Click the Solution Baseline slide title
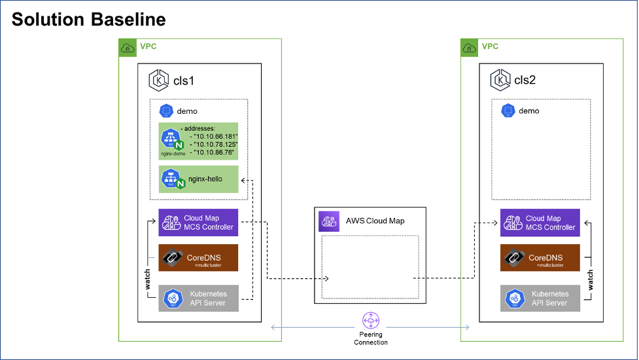pyautogui.click(x=88, y=20)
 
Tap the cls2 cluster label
pyautogui.click(x=525, y=81)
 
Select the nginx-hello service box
pyautogui.click(x=198, y=179)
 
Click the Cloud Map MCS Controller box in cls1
pyautogui.click(x=198, y=223)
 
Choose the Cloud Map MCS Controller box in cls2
pyautogui.click(x=540, y=223)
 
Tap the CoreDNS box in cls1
pyautogui.click(x=198, y=258)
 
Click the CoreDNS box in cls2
pyautogui.click(x=540, y=258)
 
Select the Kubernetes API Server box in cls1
pyautogui.click(x=198, y=298)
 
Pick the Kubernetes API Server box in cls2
pyautogui.click(x=540, y=298)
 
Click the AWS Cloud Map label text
pyautogui.click(x=375, y=221)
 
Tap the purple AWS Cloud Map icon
pyautogui.click(x=328, y=221)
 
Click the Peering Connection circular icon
pyautogui.click(x=371, y=321)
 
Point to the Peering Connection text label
pyautogui.click(x=371, y=338)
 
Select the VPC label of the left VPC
pyautogui.click(x=148, y=46)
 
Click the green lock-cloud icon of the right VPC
pyautogui.click(x=469, y=47)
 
